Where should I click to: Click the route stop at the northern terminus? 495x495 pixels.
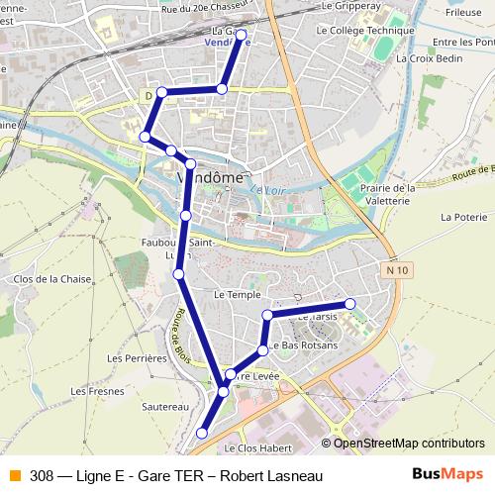(x=241, y=35)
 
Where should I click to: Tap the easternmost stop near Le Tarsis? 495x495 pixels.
(x=349, y=304)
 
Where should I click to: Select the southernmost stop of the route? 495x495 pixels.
(x=202, y=433)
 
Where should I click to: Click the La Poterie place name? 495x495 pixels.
(x=462, y=217)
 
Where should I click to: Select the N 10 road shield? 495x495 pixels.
(x=399, y=268)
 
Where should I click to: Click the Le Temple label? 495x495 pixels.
(x=236, y=295)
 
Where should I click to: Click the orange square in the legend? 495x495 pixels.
(x=14, y=475)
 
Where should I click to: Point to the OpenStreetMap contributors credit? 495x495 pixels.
(x=408, y=443)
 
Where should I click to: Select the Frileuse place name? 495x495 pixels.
(x=462, y=14)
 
